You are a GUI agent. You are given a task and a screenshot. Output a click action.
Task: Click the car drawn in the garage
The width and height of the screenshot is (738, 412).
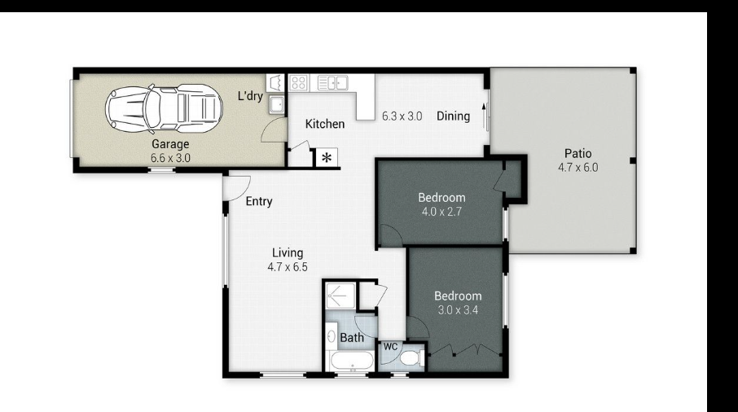(x=164, y=108)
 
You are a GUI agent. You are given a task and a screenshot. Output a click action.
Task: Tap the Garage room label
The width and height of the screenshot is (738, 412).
(x=170, y=144)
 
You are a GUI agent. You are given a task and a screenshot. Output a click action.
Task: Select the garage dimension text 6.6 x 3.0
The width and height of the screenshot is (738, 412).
(x=170, y=158)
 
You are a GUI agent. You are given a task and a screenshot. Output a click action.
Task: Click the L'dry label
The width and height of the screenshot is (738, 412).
(x=250, y=96)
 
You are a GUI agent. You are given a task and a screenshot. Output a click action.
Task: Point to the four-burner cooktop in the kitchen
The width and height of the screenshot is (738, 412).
(x=298, y=83)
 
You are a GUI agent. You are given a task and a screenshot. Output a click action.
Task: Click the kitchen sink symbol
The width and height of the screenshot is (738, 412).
(x=333, y=83)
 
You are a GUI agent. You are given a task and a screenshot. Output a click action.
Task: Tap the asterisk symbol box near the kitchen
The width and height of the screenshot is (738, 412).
(x=327, y=158)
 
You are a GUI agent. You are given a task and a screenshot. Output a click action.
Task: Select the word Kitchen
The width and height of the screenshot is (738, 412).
(x=325, y=124)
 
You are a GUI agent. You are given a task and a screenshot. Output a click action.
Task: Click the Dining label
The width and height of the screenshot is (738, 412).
(x=453, y=116)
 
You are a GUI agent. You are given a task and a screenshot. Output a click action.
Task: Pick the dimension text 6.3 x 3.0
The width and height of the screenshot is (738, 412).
(x=402, y=116)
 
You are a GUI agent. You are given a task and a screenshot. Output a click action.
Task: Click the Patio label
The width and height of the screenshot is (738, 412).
(x=578, y=153)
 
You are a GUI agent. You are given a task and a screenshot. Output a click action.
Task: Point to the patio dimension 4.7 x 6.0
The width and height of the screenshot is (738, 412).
(x=578, y=168)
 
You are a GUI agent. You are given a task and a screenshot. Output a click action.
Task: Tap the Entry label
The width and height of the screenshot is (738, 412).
(x=259, y=201)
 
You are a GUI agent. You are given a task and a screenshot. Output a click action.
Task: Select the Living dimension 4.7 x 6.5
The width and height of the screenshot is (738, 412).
(x=288, y=267)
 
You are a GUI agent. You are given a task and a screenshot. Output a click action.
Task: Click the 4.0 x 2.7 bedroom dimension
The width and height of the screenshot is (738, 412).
(x=441, y=212)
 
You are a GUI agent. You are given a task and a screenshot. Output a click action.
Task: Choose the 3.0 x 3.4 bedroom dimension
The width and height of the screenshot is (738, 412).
(x=458, y=310)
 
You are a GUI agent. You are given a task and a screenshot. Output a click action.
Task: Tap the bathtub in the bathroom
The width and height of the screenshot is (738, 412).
(x=352, y=362)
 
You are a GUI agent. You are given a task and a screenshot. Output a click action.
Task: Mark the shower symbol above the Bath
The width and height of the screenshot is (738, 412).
(x=340, y=296)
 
